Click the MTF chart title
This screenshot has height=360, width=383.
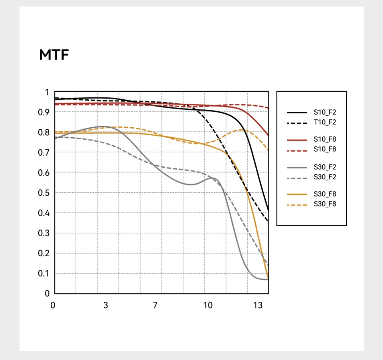54,55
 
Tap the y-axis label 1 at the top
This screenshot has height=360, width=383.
47,92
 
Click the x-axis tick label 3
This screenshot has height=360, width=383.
105,305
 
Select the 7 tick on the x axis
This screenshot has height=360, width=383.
155,305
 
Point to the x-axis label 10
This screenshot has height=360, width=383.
207,305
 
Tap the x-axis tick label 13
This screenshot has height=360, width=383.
258,305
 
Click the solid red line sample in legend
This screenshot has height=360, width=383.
297,140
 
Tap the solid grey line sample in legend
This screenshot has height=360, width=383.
297,167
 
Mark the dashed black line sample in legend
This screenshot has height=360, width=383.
297,123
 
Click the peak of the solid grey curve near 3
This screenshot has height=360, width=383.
105,126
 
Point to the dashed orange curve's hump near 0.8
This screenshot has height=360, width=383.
241,130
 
